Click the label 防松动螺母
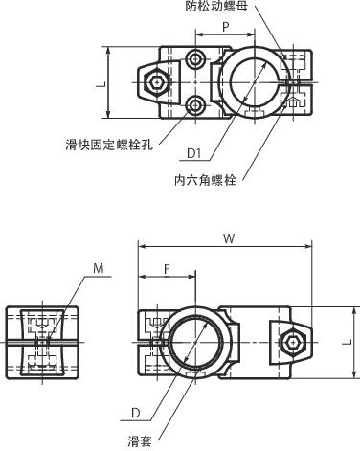point(226,7)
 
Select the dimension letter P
point(226,27)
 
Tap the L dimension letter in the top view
point(100,83)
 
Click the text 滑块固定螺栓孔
point(104,145)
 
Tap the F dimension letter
point(167,269)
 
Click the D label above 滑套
point(137,414)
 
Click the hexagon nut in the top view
point(155,84)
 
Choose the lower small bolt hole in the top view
point(196,105)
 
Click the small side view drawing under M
point(40,340)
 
